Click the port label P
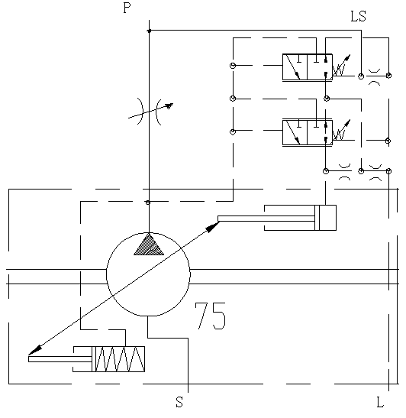click(127, 8)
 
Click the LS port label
click(359, 16)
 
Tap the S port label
click(179, 402)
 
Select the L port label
click(380, 402)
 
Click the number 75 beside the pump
click(211, 316)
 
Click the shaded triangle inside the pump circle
click(149, 245)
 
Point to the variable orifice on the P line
click(149, 112)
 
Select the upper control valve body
click(308, 67)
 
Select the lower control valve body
click(308, 132)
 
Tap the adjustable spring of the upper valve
click(341, 66)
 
